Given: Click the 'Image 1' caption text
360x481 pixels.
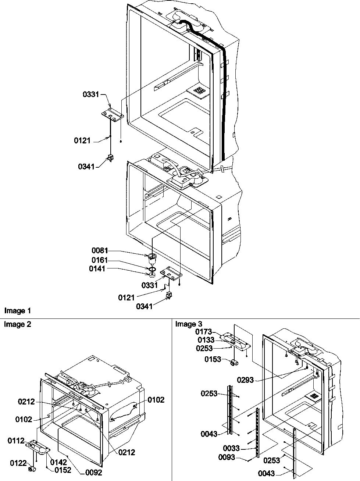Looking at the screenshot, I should [18, 311].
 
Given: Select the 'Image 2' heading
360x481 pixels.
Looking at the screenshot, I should [18, 324].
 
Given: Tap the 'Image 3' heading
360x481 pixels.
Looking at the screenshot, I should [189, 324].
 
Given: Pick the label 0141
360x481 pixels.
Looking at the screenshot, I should [97, 269].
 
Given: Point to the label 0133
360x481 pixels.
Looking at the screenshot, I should [206, 340].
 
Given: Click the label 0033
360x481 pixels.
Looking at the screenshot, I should [232, 448].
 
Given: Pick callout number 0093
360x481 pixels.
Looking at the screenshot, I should [227, 457].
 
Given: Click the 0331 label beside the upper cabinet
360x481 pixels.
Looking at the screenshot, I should [91, 95].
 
